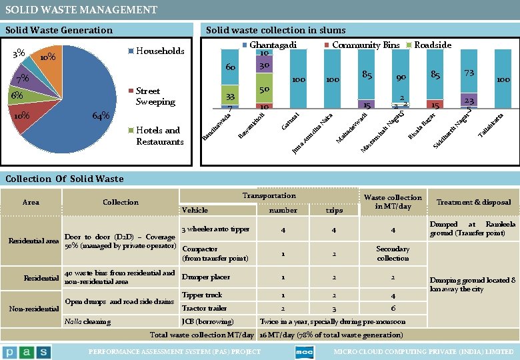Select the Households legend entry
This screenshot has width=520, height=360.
click(160, 51)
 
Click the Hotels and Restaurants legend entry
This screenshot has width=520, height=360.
click(159, 136)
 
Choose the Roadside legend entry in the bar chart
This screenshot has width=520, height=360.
click(432, 45)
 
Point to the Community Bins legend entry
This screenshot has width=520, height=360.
click(365, 45)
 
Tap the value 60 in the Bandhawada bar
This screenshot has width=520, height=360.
click(231, 68)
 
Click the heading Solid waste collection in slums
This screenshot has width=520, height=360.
click(275, 30)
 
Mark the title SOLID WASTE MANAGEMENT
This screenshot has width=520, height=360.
click(81, 9)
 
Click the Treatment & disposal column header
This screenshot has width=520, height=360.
click(473, 202)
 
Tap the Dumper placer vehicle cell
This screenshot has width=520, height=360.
click(206, 277)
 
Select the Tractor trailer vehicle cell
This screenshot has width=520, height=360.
click(204, 308)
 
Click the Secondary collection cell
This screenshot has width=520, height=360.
click(393, 253)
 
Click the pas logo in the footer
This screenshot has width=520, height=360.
click(26, 351)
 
